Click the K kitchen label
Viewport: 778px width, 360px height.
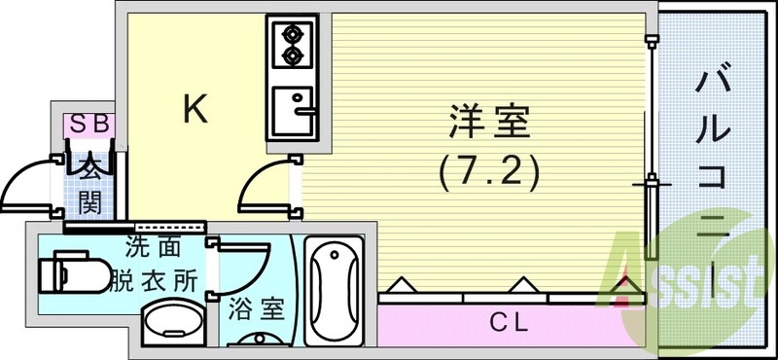[195, 110]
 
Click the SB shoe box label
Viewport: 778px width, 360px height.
[89, 124]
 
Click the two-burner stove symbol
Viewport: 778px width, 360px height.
[291, 45]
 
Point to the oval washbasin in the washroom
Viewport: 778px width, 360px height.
[172, 324]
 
